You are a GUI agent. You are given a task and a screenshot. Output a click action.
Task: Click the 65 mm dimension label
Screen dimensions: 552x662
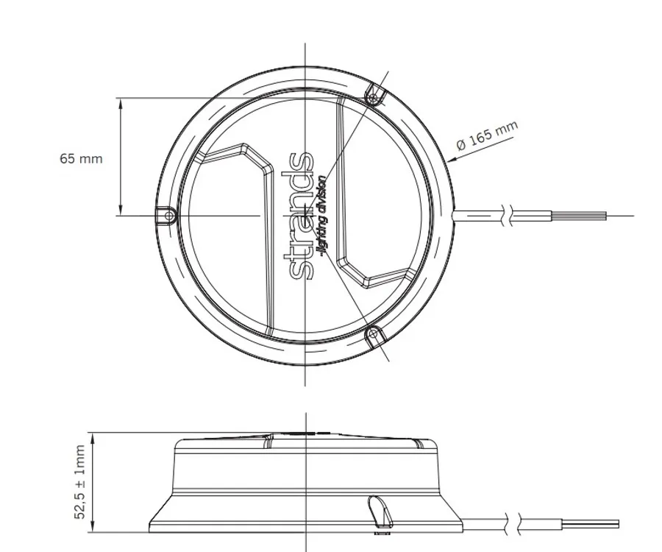click(81, 158)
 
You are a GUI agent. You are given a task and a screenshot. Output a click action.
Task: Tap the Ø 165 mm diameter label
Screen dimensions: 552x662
click(486, 136)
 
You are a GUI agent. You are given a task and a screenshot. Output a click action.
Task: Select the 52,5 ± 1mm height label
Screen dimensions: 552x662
click(79, 482)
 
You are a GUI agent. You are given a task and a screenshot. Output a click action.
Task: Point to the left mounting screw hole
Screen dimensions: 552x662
click(168, 216)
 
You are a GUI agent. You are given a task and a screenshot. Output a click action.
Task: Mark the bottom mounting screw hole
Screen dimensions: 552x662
click(374, 335)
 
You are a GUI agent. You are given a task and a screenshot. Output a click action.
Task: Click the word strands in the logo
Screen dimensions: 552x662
click(302, 215)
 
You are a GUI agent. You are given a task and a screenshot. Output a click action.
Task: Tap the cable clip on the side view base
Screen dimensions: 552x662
click(378, 509)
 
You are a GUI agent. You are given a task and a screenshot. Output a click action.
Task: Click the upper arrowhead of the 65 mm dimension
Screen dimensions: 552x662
click(121, 102)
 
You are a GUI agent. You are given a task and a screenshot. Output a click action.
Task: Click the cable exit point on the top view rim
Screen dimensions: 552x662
click(455, 215)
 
